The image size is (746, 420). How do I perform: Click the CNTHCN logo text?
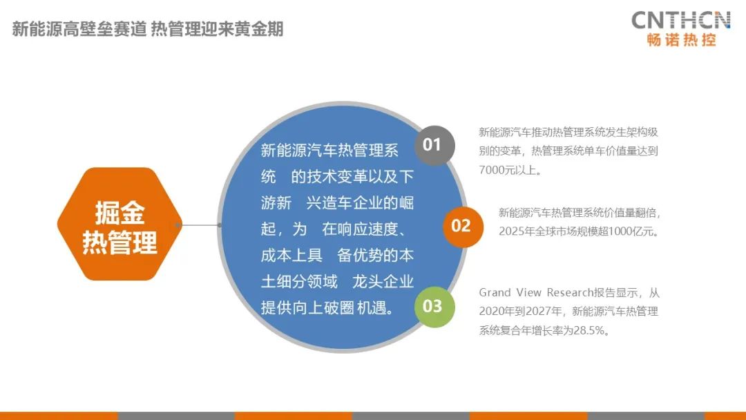tap(681, 20)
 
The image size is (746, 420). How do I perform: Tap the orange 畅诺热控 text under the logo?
tap(681, 40)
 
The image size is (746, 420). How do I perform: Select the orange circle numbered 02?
tap(461, 226)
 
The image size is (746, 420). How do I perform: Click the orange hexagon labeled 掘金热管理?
tap(119, 224)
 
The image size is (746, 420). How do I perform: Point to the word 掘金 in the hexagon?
tap(119, 212)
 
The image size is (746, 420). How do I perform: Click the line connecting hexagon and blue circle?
tap(199, 225)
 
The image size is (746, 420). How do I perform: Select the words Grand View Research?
tap(536, 292)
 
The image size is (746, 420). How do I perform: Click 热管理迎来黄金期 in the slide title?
tap(218, 29)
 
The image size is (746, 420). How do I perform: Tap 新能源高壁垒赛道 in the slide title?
tap(79, 29)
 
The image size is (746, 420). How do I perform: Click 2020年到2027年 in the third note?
tap(522, 312)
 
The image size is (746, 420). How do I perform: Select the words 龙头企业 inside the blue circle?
tap(383, 282)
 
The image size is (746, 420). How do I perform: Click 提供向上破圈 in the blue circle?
tap(307, 307)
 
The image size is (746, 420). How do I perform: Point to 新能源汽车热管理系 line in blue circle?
tap(329, 151)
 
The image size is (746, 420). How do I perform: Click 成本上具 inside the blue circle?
tap(291, 256)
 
